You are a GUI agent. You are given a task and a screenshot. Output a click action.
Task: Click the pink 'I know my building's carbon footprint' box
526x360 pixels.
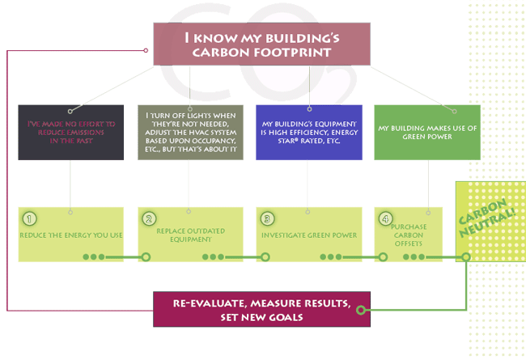[x=261, y=44]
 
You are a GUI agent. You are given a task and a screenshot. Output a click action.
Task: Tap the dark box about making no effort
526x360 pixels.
[x=70, y=132]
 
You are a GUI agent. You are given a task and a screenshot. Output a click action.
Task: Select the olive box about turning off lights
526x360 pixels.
[x=189, y=132]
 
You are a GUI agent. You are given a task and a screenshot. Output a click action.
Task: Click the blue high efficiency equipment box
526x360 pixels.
[x=308, y=132]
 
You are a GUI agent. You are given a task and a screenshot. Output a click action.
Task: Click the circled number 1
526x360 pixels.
[x=30, y=218]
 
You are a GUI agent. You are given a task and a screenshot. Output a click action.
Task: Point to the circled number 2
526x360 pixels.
[x=149, y=218]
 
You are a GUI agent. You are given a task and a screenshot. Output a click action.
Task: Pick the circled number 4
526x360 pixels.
[x=386, y=218]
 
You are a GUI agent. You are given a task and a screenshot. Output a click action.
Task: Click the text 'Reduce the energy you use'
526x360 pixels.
[x=70, y=235]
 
